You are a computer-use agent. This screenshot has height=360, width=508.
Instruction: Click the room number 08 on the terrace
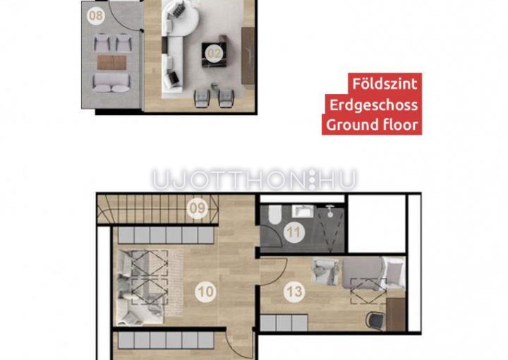(96, 16)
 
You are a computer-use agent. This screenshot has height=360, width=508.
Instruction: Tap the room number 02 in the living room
(214, 54)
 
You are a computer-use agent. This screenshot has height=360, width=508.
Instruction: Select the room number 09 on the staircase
(198, 208)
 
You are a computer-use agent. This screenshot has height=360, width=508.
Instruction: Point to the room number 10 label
(206, 292)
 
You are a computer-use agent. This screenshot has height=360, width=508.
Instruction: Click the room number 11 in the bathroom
(294, 232)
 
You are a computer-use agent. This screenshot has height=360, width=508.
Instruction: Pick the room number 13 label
(294, 292)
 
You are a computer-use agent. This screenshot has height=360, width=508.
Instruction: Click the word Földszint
(385, 83)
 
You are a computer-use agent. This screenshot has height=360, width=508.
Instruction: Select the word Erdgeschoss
(373, 105)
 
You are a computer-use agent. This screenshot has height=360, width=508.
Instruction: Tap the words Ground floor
(372, 125)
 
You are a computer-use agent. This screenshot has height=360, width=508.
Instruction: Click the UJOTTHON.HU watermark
(254, 179)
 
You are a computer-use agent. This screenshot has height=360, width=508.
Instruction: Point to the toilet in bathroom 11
(274, 214)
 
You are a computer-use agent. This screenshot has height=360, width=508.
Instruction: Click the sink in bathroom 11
(303, 210)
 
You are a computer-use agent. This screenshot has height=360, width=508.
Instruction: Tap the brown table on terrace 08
(112, 62)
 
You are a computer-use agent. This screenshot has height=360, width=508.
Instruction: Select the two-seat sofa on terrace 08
(111, 83)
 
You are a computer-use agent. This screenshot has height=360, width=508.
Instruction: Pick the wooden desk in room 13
(396, 314)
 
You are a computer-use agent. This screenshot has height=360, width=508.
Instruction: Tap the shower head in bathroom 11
(329, 210)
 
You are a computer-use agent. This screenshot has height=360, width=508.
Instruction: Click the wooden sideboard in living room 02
(248, 56)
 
